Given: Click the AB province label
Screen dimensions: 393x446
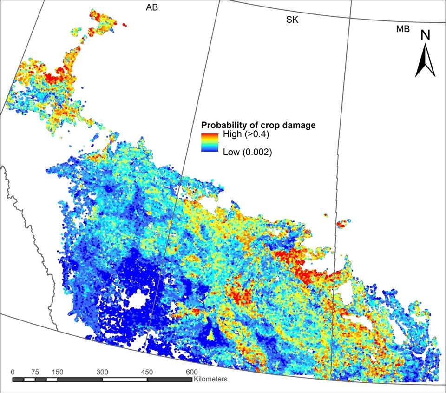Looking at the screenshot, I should [152, 8].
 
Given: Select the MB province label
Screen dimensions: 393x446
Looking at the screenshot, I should [403, 29].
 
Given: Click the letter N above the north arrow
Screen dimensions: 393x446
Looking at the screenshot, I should [425, 35].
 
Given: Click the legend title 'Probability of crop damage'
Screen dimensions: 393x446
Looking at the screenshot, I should [258, 125].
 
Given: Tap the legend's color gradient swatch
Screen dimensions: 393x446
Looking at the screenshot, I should [210, 143].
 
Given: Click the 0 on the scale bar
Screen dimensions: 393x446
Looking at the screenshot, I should [13, 372].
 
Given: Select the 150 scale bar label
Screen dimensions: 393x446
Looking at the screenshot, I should [58, 372].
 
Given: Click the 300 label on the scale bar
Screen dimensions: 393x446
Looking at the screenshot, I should [102, 372].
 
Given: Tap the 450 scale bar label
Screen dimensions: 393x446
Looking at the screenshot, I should [147, 372].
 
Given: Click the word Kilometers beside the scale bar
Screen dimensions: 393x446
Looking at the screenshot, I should [211, 380].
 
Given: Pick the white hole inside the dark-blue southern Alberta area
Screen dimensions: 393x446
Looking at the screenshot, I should [137, 301].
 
